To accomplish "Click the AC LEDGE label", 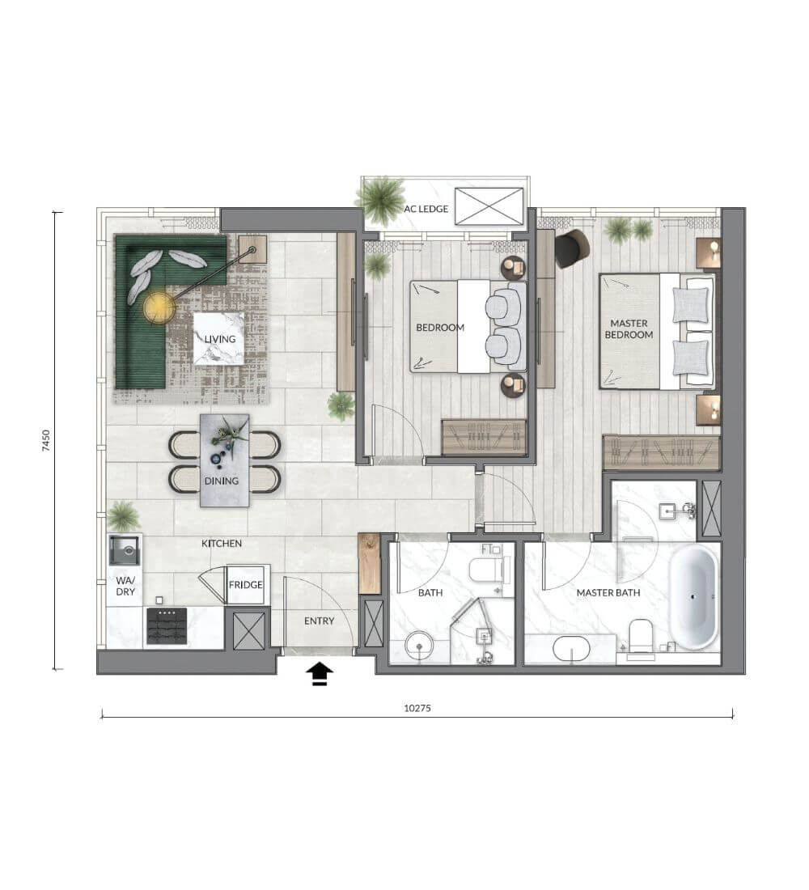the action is click(426, 209).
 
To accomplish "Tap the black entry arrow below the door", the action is click(320, 674).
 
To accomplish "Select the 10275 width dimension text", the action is click(417, 709).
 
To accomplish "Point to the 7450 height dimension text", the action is click(46, 441).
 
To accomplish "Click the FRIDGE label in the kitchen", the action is click(246, 585).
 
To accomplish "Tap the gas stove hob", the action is click(167, 625).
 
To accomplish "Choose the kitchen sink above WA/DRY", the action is click(125, 550).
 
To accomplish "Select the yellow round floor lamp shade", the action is click(159, 307).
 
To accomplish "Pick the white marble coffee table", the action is click(219, 338).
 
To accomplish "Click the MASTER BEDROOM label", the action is click(629, 329).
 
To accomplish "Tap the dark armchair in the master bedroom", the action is click(572, 248).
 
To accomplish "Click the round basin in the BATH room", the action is click(419, 646).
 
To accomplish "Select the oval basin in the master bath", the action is click(571, 649).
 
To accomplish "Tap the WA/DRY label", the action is click(125, 586).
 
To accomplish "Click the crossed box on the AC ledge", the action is click(489, 206).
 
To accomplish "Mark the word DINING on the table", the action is click(222, 481).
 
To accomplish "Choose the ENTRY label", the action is click(319, 621).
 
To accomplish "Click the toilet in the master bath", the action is click(641, 638).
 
